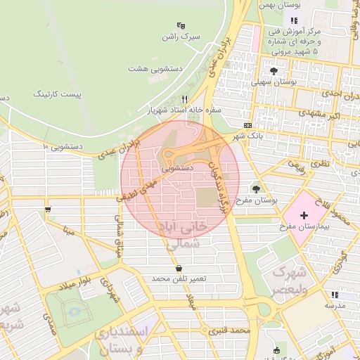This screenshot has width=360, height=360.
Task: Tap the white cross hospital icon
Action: (x=304, y=214)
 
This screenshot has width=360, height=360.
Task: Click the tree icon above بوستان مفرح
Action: (x=255, y=188)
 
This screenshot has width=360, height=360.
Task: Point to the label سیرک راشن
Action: (x=181, y=35)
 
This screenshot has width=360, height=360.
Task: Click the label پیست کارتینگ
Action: (x=62, y=93)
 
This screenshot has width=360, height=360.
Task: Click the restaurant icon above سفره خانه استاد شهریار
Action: (x=184, y=99)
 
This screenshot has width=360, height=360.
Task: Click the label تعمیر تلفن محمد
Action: (x=179, y=279)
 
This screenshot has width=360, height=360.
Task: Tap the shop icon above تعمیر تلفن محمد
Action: (x=179, y=268)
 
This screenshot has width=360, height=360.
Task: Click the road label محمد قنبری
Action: (x=234, y=330)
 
